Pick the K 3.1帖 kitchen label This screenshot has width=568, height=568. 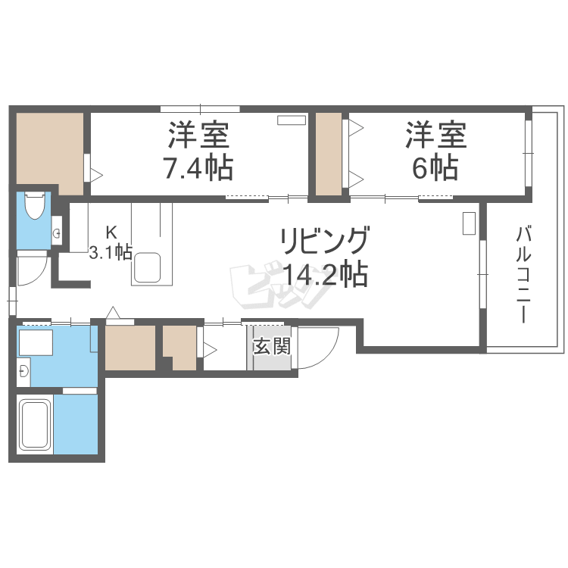pos(111,242)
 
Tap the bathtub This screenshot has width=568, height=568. pos(35,425)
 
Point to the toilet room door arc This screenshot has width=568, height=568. pos(33,269)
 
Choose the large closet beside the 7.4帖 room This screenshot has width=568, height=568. pos(48,151)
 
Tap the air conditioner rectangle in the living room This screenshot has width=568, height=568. pos(469,223)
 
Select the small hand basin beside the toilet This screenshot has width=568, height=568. pos(57,232)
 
